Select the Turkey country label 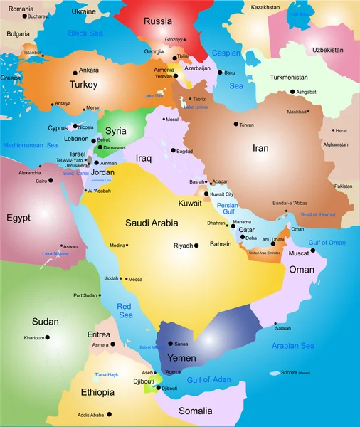click(x=83, y=85)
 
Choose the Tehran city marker click(x=235, y=125)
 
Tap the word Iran click(x=260, y=149)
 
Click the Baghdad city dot click(x=173, y=151)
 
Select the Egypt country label click(x=19, y=217)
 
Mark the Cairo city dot click(x=33, y=181)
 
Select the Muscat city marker click(x=313, y=250)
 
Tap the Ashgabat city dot click(x=292, y=92)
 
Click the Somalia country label click(x=195, y=411)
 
